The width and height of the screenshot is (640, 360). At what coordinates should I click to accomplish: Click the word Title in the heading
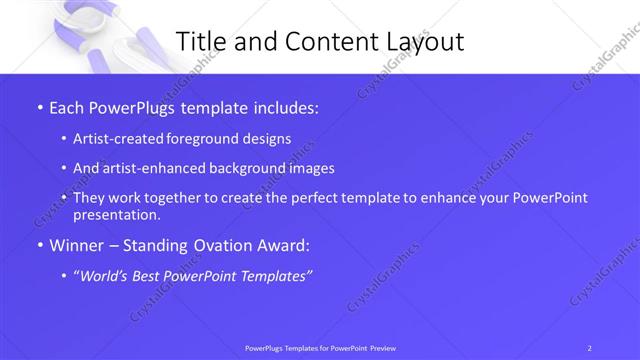(x=204, y=42)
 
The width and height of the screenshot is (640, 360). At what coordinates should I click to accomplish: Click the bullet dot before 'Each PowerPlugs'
(x=39, y=108)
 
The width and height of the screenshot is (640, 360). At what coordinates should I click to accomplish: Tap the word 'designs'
(x=265, y=139)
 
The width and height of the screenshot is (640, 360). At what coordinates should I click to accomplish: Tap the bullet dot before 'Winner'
(x=39, y=244)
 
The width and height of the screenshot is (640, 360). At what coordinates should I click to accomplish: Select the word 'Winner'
(x=76, y=244)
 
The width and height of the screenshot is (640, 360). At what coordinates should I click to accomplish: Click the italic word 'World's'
(x=107, y=275)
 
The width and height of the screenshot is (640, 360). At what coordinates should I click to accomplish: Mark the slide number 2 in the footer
(x=590, y=347)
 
